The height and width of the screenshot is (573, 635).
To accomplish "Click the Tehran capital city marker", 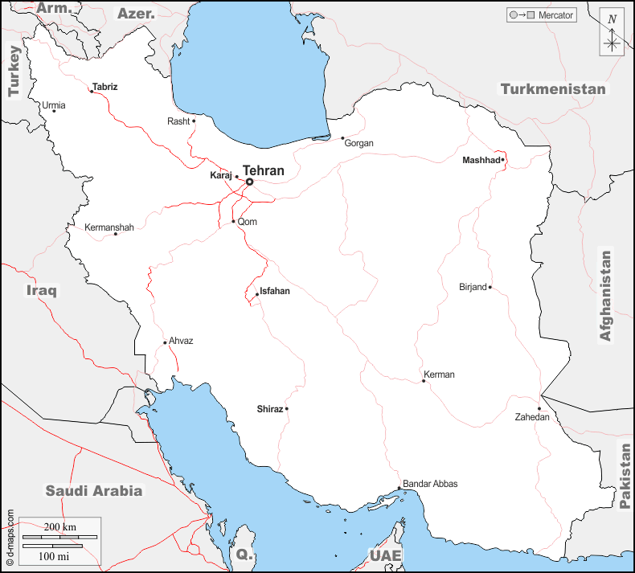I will pyautogui.click(x=249, y=182).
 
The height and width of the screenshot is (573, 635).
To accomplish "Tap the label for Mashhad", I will pyautogui.click(x=481, y=161).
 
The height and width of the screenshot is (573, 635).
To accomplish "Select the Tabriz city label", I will pyautogui.click(x=104, y=86).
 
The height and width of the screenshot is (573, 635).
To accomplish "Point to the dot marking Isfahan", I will pyautogui.click(x=257, y=294).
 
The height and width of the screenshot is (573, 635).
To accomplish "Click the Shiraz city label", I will pyautogui.click(x=269, y=409).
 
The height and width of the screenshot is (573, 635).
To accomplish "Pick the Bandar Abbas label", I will pyautogui.click(x=430, y=484).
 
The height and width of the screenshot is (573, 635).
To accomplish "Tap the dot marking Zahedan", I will pyautogui.click(x=539, y=408).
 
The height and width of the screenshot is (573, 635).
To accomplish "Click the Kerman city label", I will pyautogui.click(x=440, y=374).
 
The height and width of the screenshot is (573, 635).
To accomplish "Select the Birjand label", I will pyautogui.click(x=473, y=287).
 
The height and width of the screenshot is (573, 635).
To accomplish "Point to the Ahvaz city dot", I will pyautogui.click(x=165, y=343).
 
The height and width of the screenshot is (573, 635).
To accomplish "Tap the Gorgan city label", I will pyautogui.click(x=358, y=143).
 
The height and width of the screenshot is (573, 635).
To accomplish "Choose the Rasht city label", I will pyautogui.click(x=178, y=121).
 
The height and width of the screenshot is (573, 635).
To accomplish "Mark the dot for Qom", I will pyautogui.click(x=233, y=222).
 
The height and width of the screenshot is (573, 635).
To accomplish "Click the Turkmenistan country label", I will pyautogui.click(x=553, y=89).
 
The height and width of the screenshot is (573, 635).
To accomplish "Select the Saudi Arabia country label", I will pyautogui.click(x=93, y=490).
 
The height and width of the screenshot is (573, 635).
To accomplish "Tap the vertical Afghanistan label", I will pyautogui.click(x=606, y=296).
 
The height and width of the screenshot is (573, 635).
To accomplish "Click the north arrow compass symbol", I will pyautogui.click(x=612, y=33).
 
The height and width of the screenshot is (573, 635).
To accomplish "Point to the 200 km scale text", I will pyautogui.click(x=59, y=526).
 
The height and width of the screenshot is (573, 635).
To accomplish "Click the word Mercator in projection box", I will pyautogui.click(x=555, y=15).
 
